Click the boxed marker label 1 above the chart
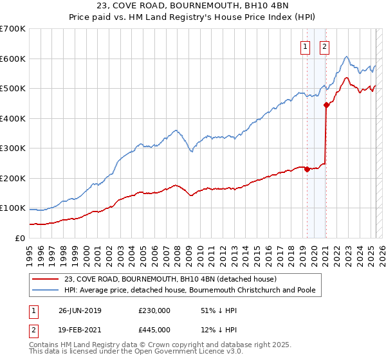pos(303,46)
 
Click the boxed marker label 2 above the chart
pos(324,46)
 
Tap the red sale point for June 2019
pos(307,170)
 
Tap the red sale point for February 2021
pos(326,105)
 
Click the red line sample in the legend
pos(45,279)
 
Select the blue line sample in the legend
pos(45,291)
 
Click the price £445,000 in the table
pos(154,330)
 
